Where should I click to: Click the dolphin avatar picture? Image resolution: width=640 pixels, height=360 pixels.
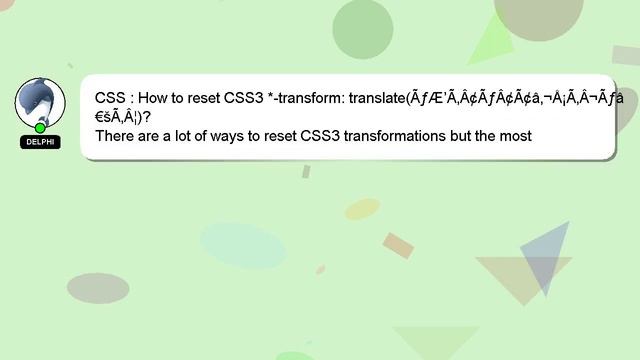pos(40,101)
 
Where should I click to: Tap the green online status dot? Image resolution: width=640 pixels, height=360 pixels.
pos(40,128)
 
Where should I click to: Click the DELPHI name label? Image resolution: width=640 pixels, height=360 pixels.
pos(40,142)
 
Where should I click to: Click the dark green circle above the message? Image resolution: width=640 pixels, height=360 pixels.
pos(362,29)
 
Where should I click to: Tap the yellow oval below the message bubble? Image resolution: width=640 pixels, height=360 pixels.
pos(362,209)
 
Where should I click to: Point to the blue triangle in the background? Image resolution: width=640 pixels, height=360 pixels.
pos(547,256)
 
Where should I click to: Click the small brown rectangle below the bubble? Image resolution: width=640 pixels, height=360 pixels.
pos(398,245)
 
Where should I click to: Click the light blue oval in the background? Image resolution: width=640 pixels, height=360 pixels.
pos(243,246)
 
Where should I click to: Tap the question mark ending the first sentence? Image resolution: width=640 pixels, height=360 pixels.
pos(147,117)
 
